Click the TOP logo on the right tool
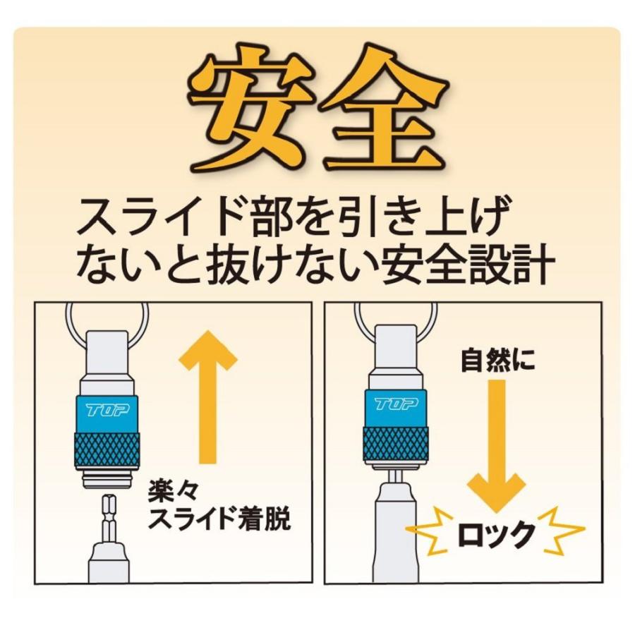pyautogui.click(x=396, y=404)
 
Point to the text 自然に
pyautogui.click(x=497, y=361)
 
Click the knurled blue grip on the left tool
pyautogui.click(x=107, y=449)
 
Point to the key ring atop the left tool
pyautogui.click(x=107, y=314)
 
